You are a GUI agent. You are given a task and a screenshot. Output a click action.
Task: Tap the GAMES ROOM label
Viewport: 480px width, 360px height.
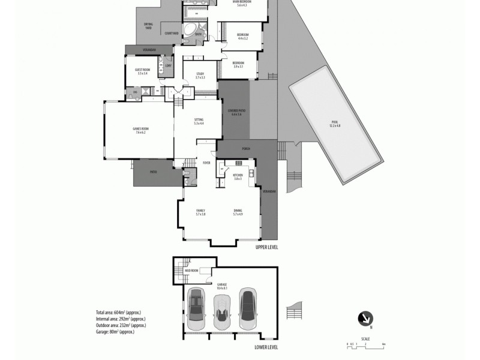point(139,130)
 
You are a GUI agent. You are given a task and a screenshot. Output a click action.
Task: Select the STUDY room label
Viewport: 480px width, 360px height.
point(200,76)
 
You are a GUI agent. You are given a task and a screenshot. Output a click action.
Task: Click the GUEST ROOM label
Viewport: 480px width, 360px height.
point(142,71)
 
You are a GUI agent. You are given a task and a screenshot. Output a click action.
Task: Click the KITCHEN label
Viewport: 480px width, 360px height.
point(237,176)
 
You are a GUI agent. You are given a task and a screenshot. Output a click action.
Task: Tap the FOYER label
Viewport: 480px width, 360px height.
point(206,163)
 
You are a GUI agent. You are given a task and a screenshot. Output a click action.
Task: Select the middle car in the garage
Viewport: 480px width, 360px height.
point(221,309)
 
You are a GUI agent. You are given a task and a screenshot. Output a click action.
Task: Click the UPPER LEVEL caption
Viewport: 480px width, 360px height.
point(266,247)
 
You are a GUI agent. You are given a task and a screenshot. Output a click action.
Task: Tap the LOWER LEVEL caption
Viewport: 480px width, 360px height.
point(266,347)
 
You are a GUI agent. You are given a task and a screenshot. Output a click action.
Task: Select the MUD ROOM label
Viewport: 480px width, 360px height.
point(192,271)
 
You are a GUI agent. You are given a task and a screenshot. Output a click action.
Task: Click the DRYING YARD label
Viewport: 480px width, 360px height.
point(148,25)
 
